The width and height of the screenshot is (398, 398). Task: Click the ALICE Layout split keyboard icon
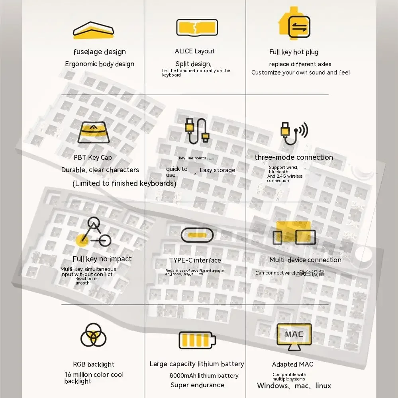click(197, 27)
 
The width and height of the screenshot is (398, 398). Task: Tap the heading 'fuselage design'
click(100, 52)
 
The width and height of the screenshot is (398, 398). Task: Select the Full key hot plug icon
click(294, 24)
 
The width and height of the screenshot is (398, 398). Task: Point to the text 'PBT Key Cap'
click(93, 157)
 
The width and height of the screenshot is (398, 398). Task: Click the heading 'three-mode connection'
click(294, 157)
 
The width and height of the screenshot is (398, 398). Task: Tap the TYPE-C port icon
click(197, 235)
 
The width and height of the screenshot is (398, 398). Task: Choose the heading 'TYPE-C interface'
click(195, 260)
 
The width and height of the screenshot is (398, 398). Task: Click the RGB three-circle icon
click(93, 335)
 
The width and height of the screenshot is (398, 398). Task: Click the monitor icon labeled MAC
click(294, 337)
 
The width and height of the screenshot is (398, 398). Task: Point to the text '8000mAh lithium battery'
click(204, 375)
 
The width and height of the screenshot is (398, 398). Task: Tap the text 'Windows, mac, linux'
click(294, 385)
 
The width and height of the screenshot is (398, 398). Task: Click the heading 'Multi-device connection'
click(305, 260)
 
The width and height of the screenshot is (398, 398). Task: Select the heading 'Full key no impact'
click(102, 259)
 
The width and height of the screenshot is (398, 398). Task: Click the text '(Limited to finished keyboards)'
click(124, 183)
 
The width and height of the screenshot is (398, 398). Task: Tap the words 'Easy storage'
click(217, 170)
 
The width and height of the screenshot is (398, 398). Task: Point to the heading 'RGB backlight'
click(94, 364)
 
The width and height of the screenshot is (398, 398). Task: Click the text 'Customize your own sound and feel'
click(300, 73)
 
